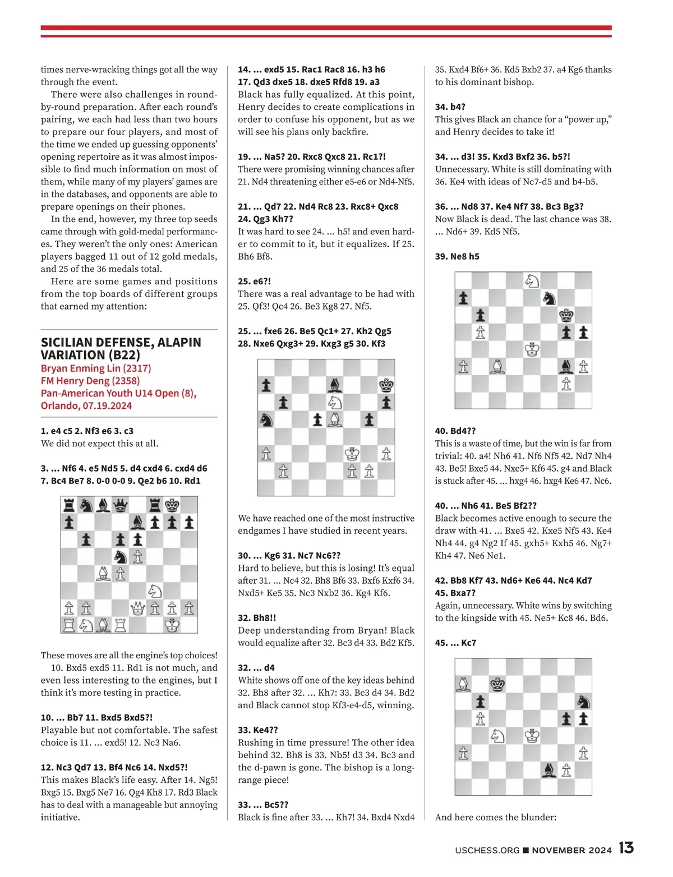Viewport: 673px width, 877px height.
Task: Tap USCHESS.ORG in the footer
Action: pyautogui.click(x=487, y=850)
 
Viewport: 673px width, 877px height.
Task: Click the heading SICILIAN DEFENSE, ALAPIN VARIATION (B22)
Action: pyautogui.click(x=121, y=348)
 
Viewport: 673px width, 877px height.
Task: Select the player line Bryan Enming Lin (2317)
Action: pyautogui.click(x=96, y=368)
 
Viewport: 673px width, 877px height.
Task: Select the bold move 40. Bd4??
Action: pyautogui.click(x=455, y=431)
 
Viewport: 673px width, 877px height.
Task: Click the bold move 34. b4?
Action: pyautogui.click(x=450, y=107)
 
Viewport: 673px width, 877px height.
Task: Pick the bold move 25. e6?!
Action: pyautogui.click(x=254, y=281)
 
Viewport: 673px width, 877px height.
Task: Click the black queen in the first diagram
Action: pyautogui.click(x=121, y=506)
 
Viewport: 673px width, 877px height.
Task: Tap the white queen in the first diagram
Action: pyautogui.click(x=138, y=608)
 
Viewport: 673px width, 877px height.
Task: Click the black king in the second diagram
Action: pyautogui.click(x=386, y=385)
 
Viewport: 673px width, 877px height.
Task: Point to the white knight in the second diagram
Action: pyautogui.click(x=335, y=402)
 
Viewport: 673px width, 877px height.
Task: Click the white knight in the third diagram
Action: pyautogui.click(x=532, y=280)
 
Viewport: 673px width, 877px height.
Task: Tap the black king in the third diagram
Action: pyautogui.click(x=566, y=316)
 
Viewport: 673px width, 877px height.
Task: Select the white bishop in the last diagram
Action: pyautogui.click(x=463, y=684)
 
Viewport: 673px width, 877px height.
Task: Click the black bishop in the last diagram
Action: pyautogui.click(x=549, y=769)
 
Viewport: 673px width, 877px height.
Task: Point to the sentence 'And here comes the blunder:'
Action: pyautogui.click(x=496, y=817)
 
